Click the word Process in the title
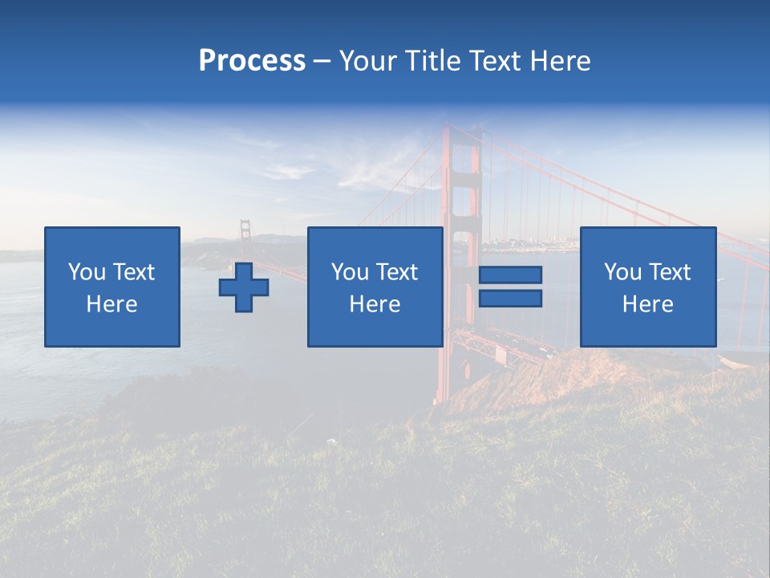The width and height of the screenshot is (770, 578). pos(252,61)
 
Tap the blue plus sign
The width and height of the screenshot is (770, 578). pos(244,287)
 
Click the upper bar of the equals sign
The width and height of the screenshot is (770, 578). pos(510,275)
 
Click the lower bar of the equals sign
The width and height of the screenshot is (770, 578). pos(510,298)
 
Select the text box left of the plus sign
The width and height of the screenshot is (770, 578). pos(112,287)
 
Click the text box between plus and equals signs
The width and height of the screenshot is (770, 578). pos(375,287)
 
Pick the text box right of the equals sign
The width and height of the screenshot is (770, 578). pos(648,287)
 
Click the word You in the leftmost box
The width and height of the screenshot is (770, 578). pos(87,272)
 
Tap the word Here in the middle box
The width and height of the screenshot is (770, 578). pos(375,304)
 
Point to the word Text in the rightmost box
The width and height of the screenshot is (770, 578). pos(669,272)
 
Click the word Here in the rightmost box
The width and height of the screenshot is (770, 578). pos(648,304)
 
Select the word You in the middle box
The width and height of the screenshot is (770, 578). pos(350,272)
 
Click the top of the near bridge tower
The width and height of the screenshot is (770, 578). pos(460,132)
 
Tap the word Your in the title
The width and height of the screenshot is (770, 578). pos(366,61)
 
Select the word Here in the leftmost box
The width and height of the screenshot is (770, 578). pos(112,304)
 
